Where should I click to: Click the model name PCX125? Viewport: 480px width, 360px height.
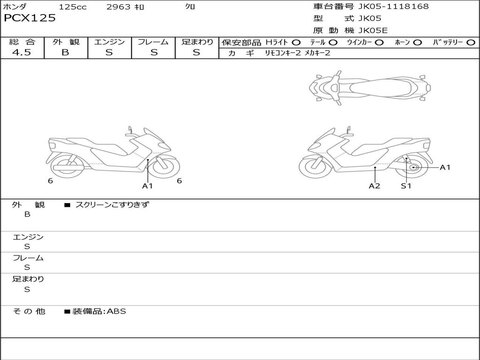click(x=30, y=18)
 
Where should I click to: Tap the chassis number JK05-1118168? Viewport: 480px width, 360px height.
click(x=393, y=7)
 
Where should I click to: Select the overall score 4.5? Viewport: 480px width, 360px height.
click(x=22, y=52)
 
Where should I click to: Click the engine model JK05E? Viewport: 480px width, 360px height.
click(x=373, y=30)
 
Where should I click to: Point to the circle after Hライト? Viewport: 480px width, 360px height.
click(x=296, y=43)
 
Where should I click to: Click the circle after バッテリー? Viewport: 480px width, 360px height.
click(x=471, y=43)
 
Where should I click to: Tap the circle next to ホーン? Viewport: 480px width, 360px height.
click(x=417, y=43)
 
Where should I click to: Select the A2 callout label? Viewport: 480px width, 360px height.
click(x=374, y=186)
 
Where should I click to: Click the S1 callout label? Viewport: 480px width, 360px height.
click(x=406, y=186)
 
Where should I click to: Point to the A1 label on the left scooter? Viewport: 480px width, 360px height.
click(x=147, y=186)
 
